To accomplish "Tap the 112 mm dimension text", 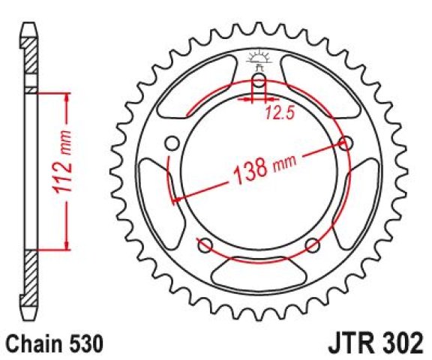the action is click(x=62, y=163).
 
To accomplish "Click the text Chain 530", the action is click(x=55, y=343).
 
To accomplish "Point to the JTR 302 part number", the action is click(x=376, y=343).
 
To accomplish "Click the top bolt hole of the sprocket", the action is click(x=259, y=80).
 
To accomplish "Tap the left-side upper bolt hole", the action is click(x=172, y=143).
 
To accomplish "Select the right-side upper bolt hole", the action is click(x=346, y=143).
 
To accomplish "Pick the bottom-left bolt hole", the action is click(x=205, y=245).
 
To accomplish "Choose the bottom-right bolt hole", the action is click(x=313, y=245).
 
